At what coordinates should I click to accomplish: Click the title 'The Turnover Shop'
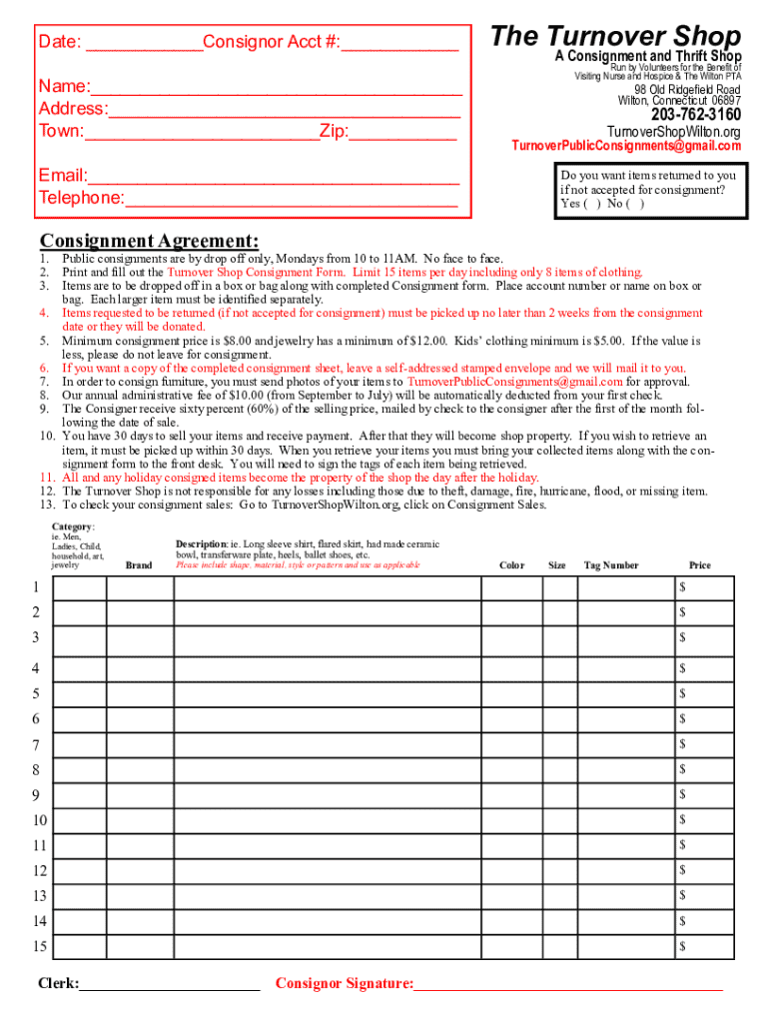(616, 36)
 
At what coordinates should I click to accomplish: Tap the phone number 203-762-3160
(695, 115)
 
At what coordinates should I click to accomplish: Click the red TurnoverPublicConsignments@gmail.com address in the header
(626, 146)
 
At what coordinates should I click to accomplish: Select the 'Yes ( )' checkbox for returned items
(580, 204)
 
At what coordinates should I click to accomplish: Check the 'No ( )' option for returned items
(626, 204)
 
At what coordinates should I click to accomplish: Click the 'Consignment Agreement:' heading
(149, 241)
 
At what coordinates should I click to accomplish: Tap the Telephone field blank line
(292, 199)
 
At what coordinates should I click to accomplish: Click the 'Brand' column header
(139, 565)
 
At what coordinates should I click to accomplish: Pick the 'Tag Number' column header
(611, 565)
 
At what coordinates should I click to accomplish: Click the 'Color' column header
(511, 565)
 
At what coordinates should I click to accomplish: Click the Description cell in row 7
(327, 744)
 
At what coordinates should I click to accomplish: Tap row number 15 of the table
(39, 946)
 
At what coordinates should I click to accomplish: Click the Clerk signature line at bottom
(170, 985)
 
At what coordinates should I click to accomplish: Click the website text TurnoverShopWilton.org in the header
(674, 132)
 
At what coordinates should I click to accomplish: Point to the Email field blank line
(273, 177)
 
